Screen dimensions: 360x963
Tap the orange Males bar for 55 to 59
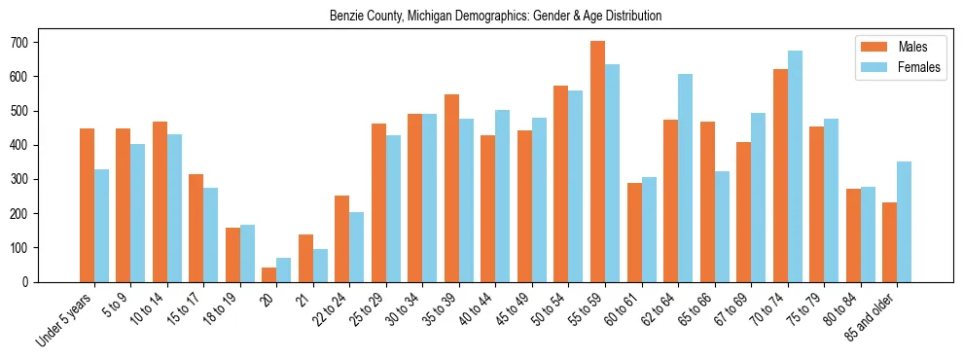tap(597, 162)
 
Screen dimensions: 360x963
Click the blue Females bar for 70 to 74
tap(794, 166)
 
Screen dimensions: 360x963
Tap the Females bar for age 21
tap(320, 266)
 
